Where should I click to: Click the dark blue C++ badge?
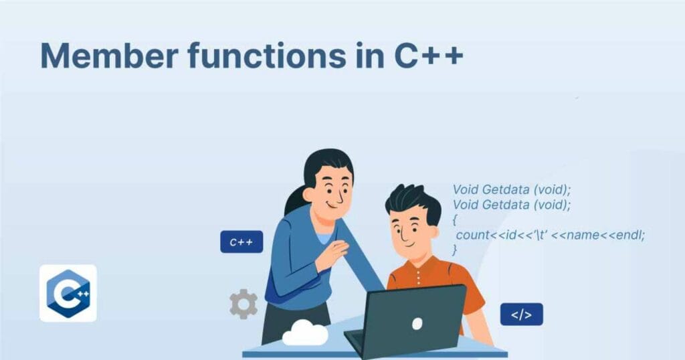pyautogui.click(x=241, y=242)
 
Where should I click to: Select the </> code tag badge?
pyautogui.click(x=521, y=314)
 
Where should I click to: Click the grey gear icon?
pyautogui.click(x=243, y=304)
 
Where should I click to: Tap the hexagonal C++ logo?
pyautogui.click(x=68, y=293)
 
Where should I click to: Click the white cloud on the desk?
pyautogui.click(x=305, y=333)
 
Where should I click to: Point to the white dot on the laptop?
pyautogui.click(x=417, y=324)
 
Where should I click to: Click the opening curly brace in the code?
pyautogui.click(x=456, y=219)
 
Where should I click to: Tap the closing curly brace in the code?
pyautogui.click(x=456, y=250)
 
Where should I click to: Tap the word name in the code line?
pyautogui.click(x=584, y=235)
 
